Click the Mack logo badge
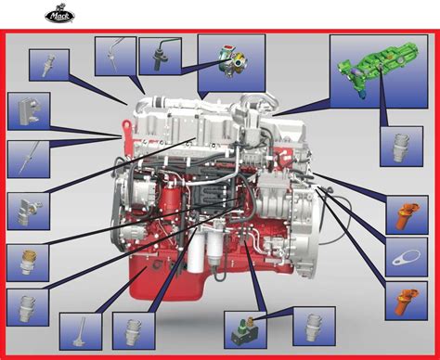pyautogui.click(x=59, y=16)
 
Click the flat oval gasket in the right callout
pyautogui.click(x=407, y=258)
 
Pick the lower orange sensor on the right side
pyautogui.click(x=407, y=302)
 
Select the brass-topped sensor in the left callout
pyautogui.click(x=29, y=262)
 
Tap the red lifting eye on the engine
pyautogui.click(x=127, y=136)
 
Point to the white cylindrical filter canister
pyautogui.click(x=196, y=254)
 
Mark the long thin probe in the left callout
pyautogui.click(x=29, y=159)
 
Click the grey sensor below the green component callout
pyautogui.click(x=399, y=148)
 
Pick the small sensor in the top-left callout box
pyautogui.click(x=49, y=65)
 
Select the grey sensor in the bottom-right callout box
pyautogui.click(x=314, y=328)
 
